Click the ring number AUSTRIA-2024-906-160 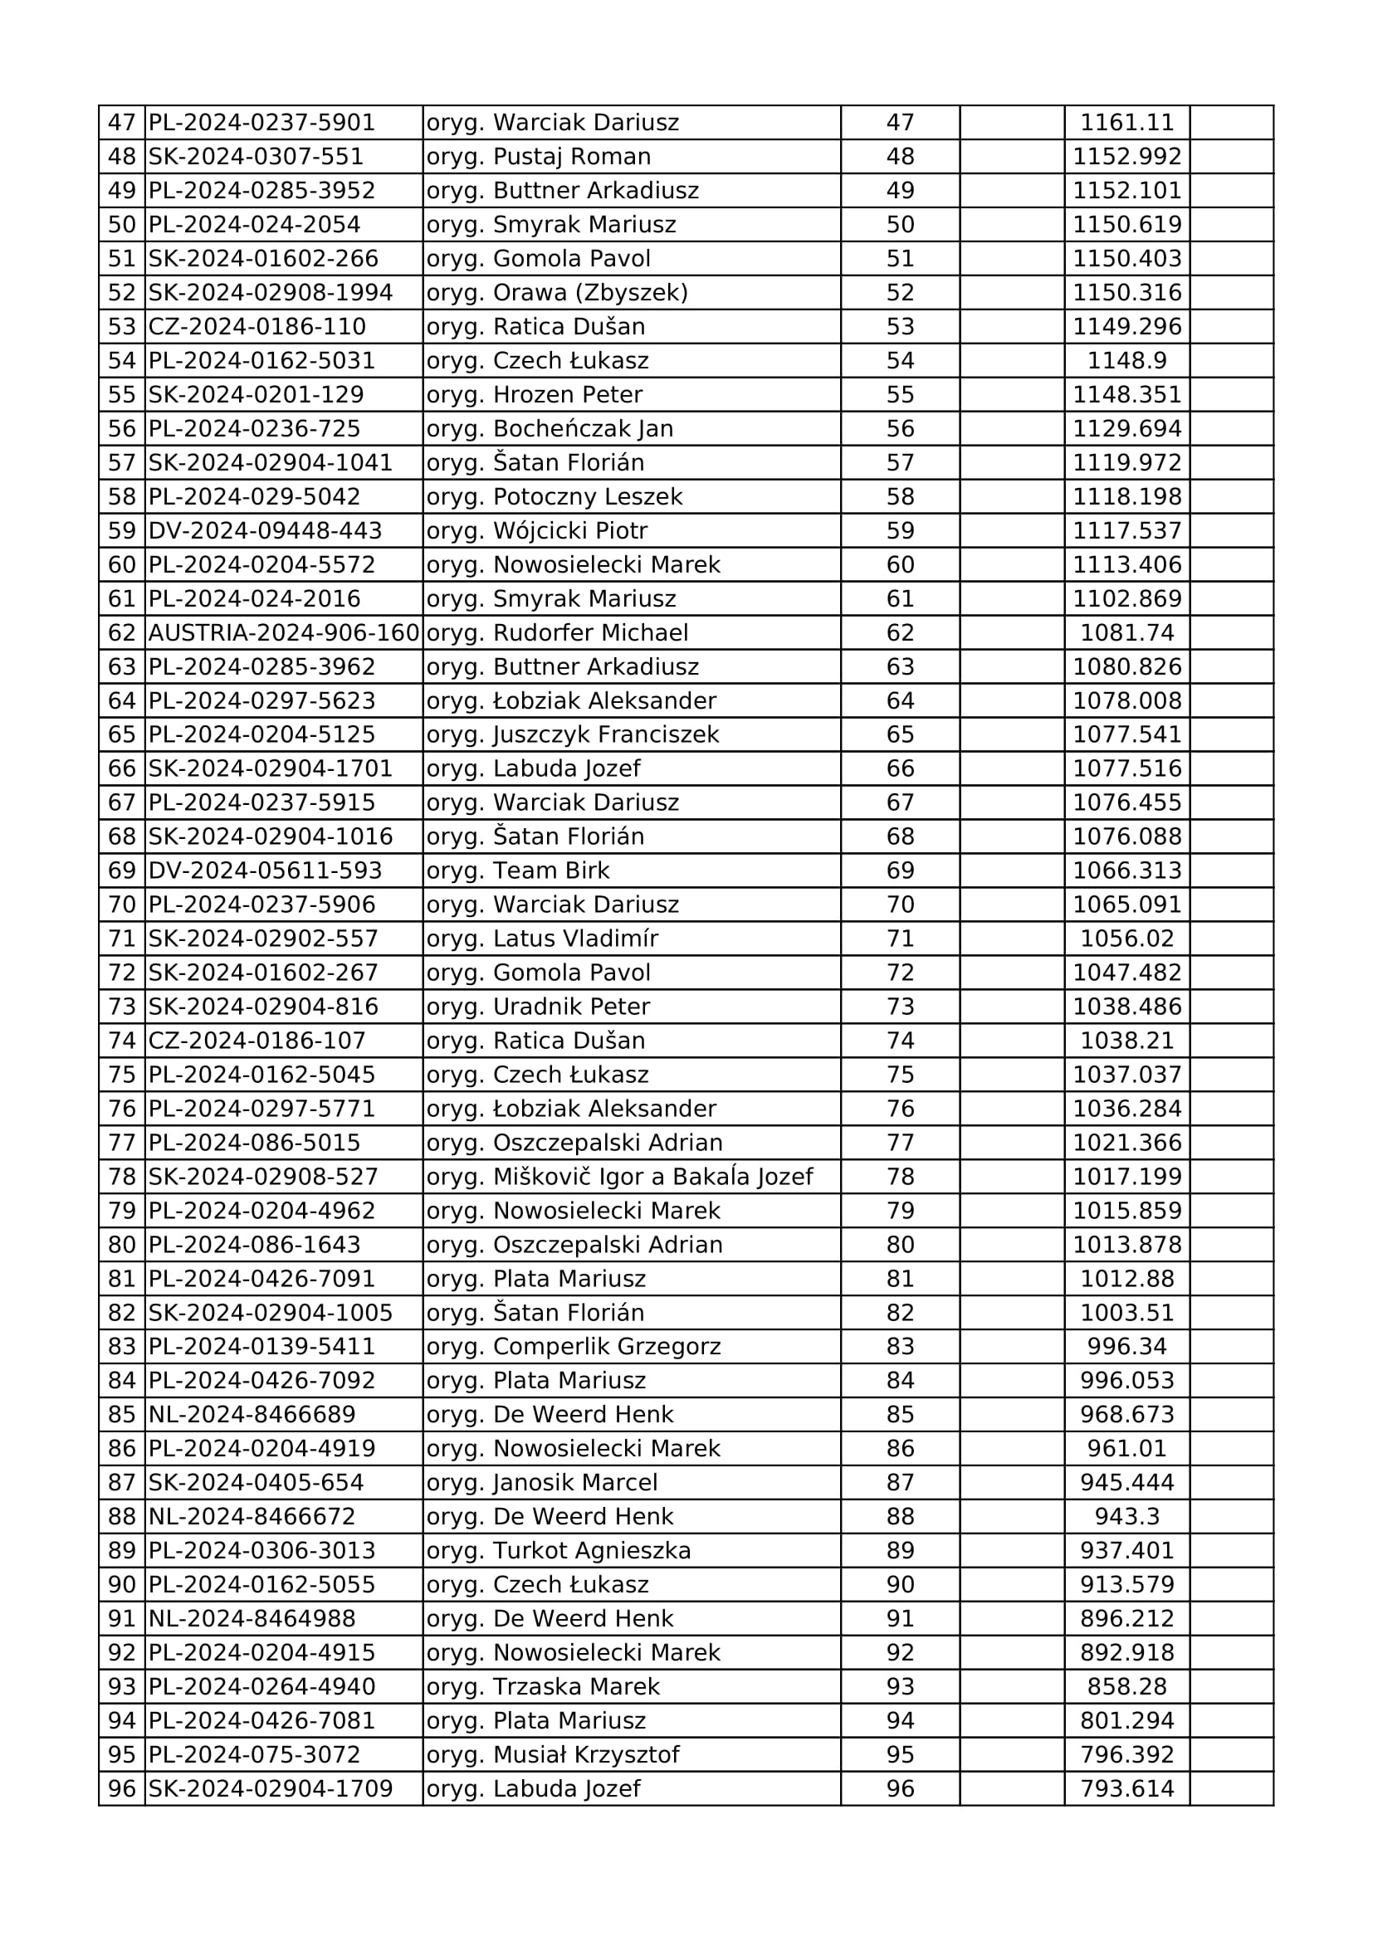pos(284,632)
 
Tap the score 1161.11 pos(1127,123)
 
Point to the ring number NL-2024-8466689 pos(252,1414)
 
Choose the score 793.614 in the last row pos(1127,1789)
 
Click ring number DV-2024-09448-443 pos(266,531)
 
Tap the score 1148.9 pos(1127,361)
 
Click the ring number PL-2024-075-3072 pos(255,1755)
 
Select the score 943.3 pos(1127,1517)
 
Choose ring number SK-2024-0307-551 pos(257,156)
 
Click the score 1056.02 pos(1127,939)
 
